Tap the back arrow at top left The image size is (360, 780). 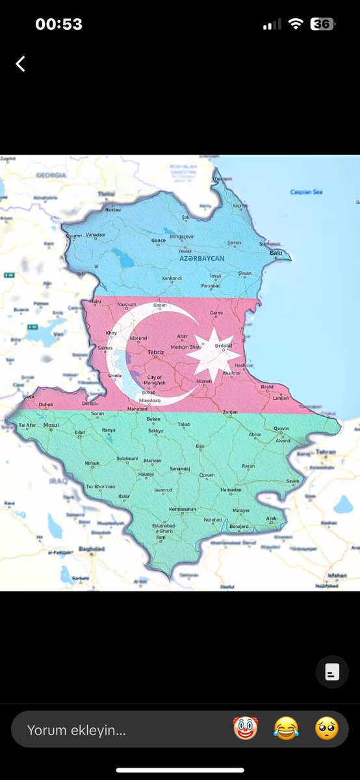click(x=21, y=63)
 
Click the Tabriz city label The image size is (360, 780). click(x=155, y=352)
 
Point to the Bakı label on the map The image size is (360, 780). click(x=276, y=252)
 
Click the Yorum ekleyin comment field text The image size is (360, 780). click(x=77, y=730)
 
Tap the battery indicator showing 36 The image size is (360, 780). click(x=322, y=24)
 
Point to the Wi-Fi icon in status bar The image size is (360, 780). click(x=296, y=24)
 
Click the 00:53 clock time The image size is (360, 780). click(x=58, y=24)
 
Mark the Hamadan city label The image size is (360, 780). click(x=231, y=490)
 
